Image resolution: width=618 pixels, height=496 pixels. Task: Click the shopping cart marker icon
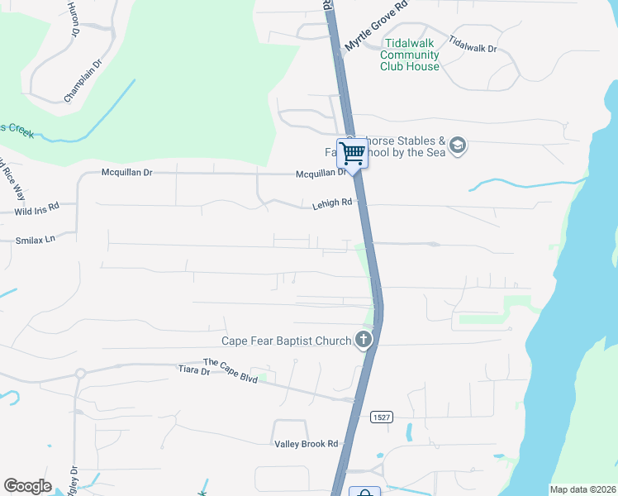pyautogui.click(x=353, y=154)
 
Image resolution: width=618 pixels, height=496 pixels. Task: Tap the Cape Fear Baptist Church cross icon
pyautogui.click(x=364, y=338)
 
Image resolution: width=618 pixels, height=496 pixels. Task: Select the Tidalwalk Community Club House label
pyautogui.click(x=410, y=55)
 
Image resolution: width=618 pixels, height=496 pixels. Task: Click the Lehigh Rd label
pyautogui.click(x=332, y=202)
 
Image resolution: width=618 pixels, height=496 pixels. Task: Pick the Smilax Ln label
pyautogui.click(x=35, y=240)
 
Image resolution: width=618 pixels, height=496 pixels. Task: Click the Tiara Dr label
pyautogui.click(x=194, y=371)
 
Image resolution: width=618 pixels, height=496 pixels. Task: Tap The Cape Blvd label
pyautogui.click(x=231, y=370)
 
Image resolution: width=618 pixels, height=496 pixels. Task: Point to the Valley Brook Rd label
pyautogui.click(x=307, y=444)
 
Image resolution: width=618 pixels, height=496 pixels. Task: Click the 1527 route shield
pyautogui.click(x=381, y=417)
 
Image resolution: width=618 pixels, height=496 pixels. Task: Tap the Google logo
pyautogui.click(x=27, y=486)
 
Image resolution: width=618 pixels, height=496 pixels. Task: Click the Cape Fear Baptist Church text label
pyautogui.click(x=286, y=340)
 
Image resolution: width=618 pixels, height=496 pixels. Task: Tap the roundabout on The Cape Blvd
pyautogui.click(x=80, y=374)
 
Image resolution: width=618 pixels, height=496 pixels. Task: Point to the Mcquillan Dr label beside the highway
pyautogui.click(x=321, y=174)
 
